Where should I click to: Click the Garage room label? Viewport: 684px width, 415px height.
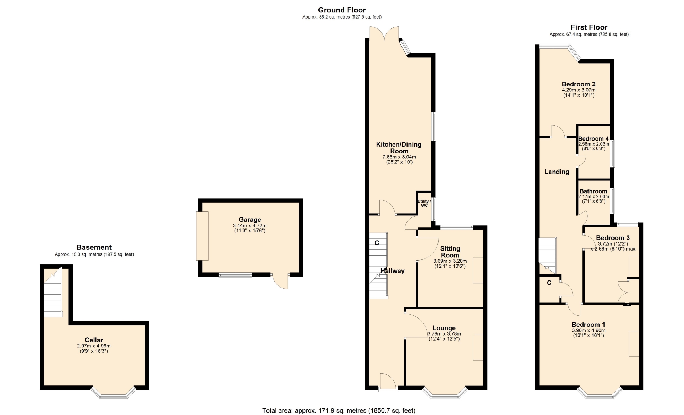250,220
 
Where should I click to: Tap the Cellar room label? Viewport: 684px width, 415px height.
94,340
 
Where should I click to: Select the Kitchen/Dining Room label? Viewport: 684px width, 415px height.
399,148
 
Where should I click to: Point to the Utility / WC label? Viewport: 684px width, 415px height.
424,203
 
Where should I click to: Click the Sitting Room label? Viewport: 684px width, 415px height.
450,252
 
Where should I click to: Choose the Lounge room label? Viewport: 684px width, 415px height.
444,328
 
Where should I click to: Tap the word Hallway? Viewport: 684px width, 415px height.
392,271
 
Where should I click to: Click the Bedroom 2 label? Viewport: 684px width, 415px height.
579,84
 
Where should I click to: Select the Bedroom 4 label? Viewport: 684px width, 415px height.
594,139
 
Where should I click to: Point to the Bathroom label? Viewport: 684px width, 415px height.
593,191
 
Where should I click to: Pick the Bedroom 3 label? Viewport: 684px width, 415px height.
613,238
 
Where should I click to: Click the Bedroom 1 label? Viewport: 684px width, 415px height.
588,325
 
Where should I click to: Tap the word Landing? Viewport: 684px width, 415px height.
556,172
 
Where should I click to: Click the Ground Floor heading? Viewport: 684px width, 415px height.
342,10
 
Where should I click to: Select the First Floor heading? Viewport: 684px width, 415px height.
589,27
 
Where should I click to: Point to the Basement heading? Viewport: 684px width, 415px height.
94,247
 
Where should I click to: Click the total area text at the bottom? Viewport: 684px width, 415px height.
339,410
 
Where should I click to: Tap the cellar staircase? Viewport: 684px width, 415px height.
53,293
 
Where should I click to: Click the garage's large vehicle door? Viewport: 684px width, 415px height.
202,236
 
